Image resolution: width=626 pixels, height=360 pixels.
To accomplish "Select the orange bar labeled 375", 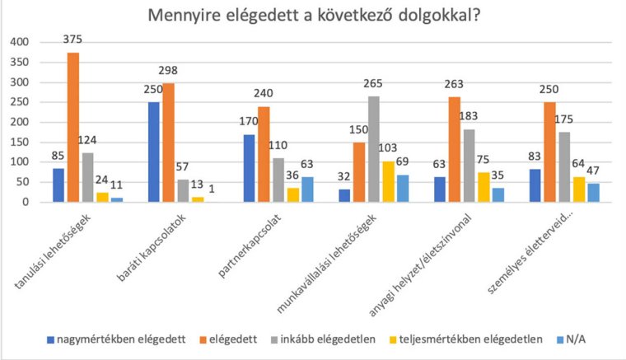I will click(x=73, y=128).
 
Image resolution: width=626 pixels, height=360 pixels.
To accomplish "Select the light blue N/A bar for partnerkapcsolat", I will click(x=307, y=189).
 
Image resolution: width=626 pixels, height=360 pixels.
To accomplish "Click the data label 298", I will click(x=168, y=71).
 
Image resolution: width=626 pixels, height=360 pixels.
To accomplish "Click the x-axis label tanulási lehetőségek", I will click(x=58, y=251).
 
